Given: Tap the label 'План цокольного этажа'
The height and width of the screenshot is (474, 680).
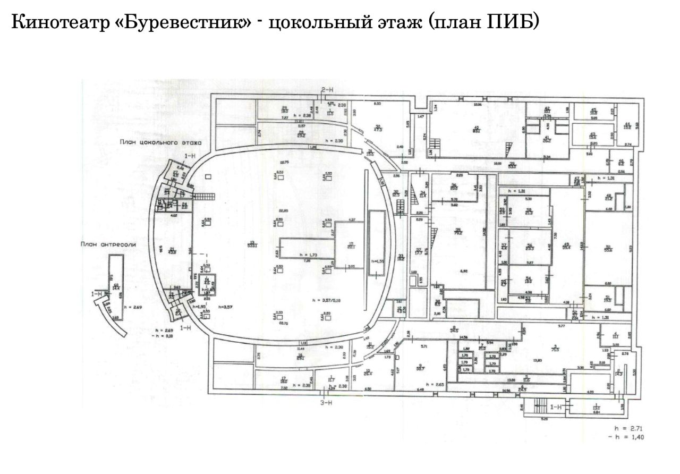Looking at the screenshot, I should click(160, 142).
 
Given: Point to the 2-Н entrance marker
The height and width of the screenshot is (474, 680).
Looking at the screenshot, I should click(326, 91).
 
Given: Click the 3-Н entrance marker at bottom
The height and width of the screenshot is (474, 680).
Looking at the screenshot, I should click(326, 402).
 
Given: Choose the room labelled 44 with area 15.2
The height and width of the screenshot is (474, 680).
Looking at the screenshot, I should click(626, 125).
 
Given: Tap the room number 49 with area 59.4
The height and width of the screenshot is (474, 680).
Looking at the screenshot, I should click(566, 246).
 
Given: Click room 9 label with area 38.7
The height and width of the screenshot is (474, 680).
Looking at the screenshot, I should click(421, 367).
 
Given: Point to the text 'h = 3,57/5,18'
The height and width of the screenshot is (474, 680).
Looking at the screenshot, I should click(327, 301).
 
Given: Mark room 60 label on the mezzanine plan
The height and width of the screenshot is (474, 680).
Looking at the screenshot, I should click(115, 286).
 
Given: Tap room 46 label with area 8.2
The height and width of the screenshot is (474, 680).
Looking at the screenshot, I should click(620, 163).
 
